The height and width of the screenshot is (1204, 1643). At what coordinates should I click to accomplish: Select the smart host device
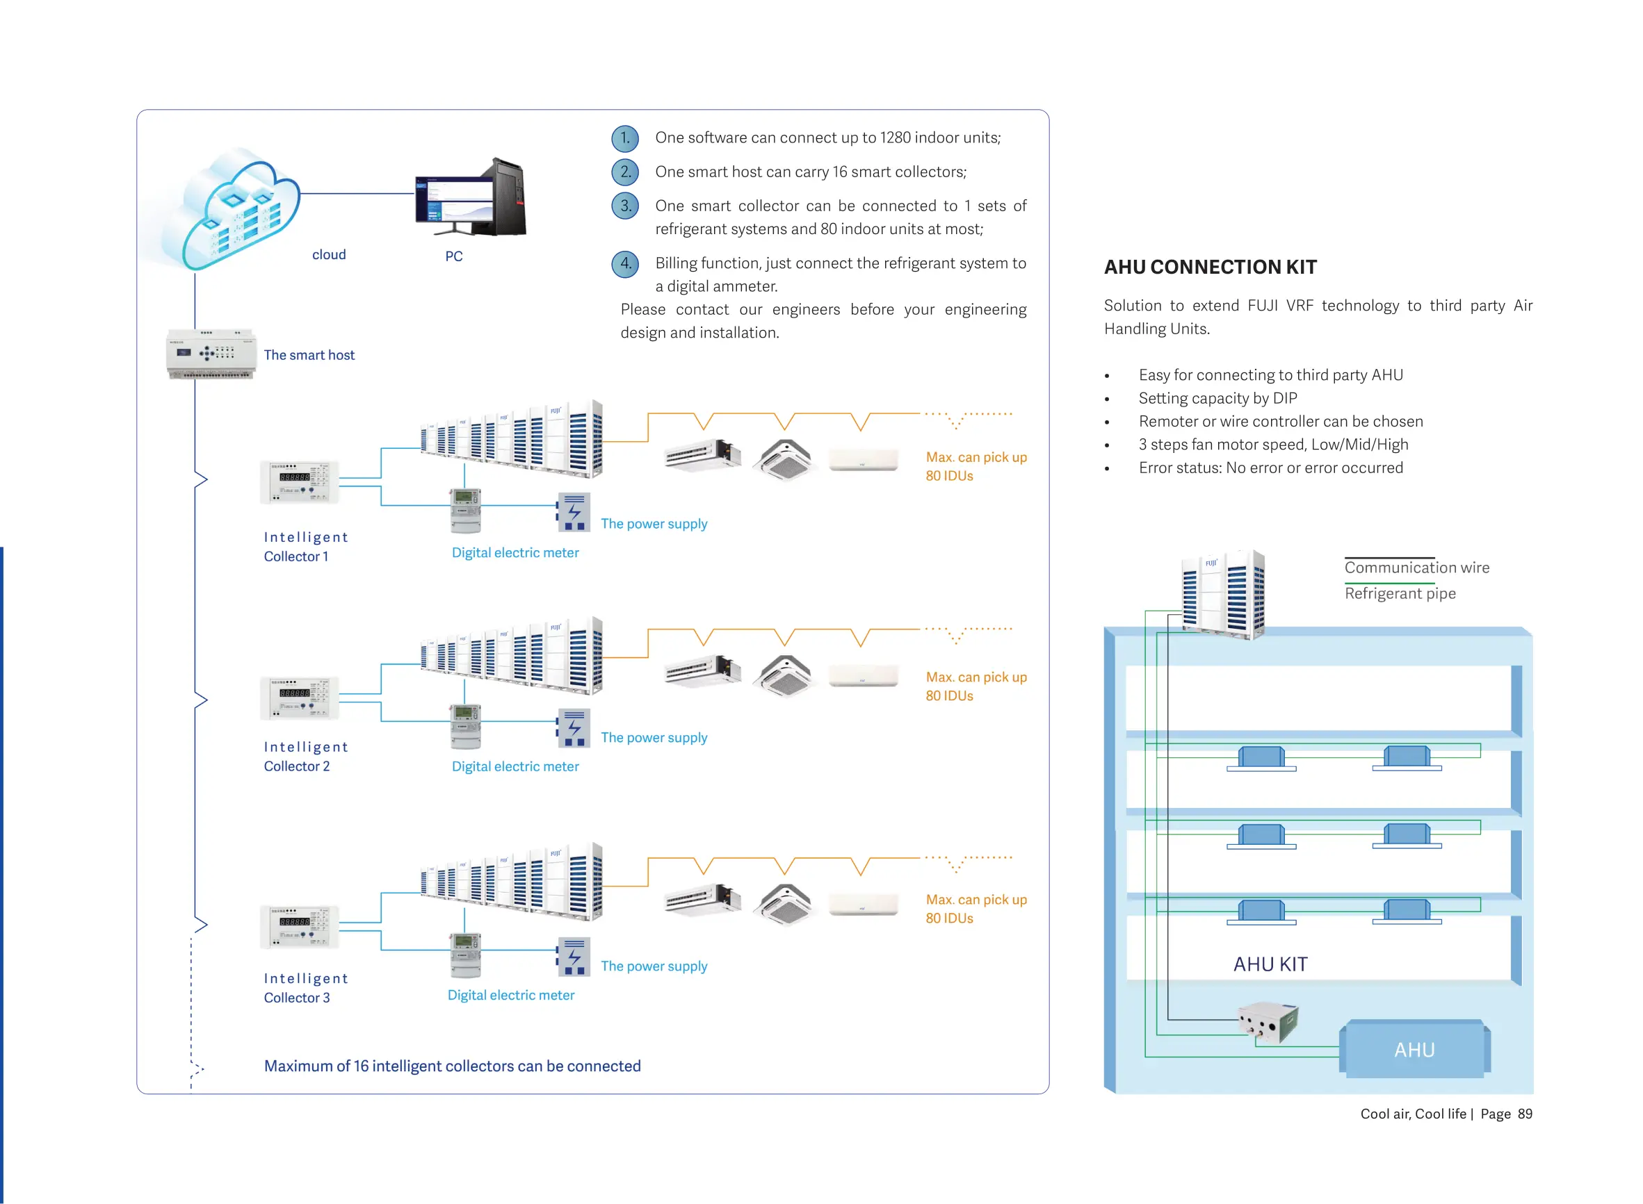[211, 354]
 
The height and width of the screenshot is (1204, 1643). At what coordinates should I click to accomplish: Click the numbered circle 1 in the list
[625, 138]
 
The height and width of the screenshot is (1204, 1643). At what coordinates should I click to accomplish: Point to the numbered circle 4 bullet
[625, 263]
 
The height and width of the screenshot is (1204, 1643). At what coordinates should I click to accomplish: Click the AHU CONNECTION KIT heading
[1210, 267]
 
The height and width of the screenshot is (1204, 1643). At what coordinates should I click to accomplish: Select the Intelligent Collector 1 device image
[299, 482]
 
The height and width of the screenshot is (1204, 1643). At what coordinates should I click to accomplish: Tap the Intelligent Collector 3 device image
[299, 926]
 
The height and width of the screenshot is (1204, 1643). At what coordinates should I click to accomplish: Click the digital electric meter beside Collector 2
[465, 726]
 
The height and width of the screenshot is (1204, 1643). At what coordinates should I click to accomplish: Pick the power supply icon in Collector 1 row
[574, 512]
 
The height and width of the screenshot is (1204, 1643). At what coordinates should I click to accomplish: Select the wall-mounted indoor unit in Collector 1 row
[864, 460]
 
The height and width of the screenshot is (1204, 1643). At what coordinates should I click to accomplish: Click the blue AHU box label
[1414, 1050]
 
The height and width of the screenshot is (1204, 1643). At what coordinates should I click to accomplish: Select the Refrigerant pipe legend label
[1400, 593]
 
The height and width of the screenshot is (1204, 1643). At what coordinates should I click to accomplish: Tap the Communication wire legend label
[1416, 568]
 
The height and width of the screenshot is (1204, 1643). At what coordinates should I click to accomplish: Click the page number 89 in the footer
[1524, 1114]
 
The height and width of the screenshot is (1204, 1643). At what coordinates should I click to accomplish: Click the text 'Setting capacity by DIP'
[1217, 398]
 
